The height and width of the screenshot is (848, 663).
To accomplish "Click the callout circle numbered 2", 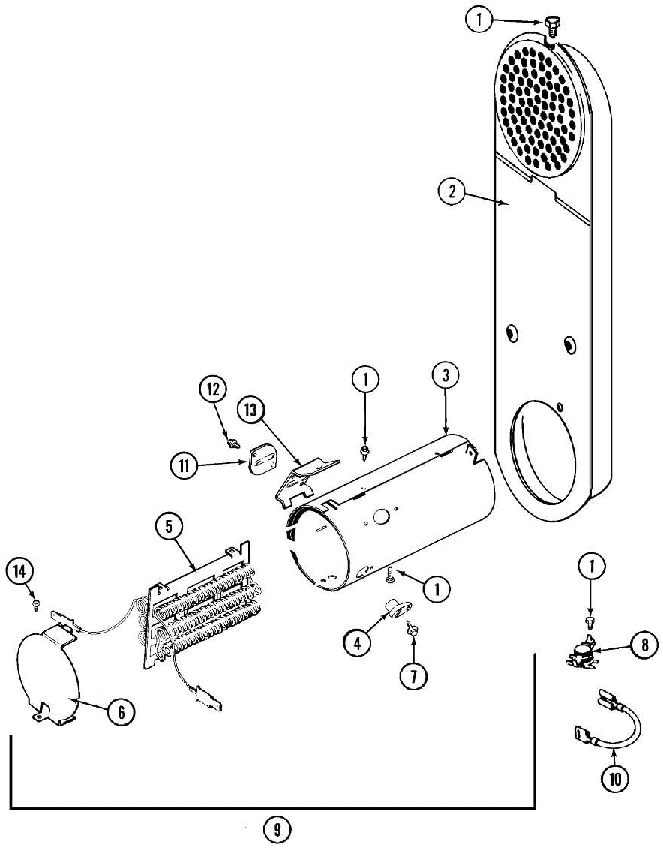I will click(x=451, y=191).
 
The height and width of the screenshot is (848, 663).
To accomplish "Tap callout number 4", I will click(x=358, y=642).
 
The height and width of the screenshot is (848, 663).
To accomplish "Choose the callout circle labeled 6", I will click(x=121, y=711).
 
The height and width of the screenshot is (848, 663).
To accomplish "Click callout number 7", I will click(x=413, y=675).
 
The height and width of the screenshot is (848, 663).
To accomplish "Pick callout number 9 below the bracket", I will click(x=277, y=829).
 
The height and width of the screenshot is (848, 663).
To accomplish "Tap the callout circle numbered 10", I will click(x=615, y=778).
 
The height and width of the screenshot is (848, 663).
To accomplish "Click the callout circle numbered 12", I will click(x=212, y=389).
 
